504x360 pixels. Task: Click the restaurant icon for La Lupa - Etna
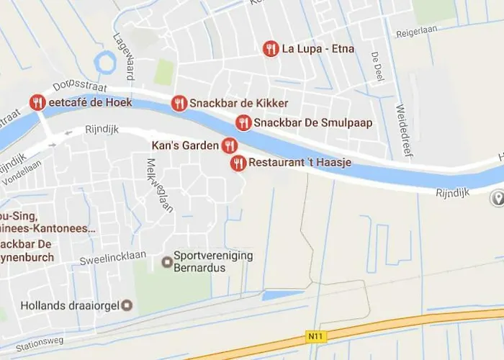271,49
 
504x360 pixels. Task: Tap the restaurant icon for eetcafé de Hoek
38,102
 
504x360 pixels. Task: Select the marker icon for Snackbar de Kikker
179,104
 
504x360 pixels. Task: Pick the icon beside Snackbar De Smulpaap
243,122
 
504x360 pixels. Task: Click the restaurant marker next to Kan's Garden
229,145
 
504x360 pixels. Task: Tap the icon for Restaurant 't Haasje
238,163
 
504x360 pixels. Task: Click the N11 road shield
312,335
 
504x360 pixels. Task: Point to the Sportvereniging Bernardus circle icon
167,261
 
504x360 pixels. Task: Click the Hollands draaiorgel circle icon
127,305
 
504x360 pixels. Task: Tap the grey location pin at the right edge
497,198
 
